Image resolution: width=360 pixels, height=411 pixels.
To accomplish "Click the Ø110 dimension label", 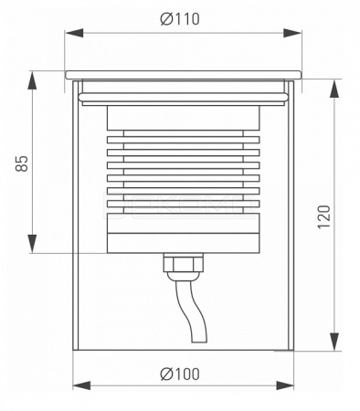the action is pos(180,19).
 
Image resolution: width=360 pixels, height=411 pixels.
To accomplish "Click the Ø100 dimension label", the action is pos(180,374).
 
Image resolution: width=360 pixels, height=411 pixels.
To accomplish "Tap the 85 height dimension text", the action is pos(22,163).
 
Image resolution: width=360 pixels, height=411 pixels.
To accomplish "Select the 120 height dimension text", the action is pos(324,216).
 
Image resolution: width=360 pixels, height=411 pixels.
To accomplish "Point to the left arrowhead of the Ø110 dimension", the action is pos(74,33).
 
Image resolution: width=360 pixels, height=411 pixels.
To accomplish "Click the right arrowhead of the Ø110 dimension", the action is pos(292,33).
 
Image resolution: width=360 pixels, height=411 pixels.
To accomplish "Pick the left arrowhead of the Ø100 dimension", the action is pos(82,385).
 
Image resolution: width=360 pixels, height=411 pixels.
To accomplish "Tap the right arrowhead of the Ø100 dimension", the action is pos(285,385).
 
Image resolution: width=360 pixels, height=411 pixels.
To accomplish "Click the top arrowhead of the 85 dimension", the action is pos(32,80).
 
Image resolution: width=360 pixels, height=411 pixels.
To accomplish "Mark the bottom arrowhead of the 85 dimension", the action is pos(32,244).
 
